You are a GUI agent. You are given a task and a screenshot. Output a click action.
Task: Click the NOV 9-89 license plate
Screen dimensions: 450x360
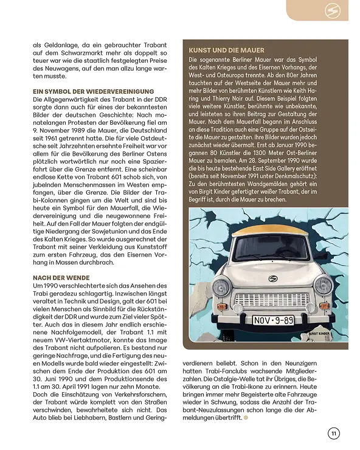coord(273,320)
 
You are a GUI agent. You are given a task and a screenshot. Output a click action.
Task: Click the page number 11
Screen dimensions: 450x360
coord(333,433)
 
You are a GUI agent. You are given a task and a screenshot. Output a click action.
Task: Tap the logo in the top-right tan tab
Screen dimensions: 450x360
coord(332,10)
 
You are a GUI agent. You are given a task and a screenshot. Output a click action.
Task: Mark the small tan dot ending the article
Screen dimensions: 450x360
coord(246,418)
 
